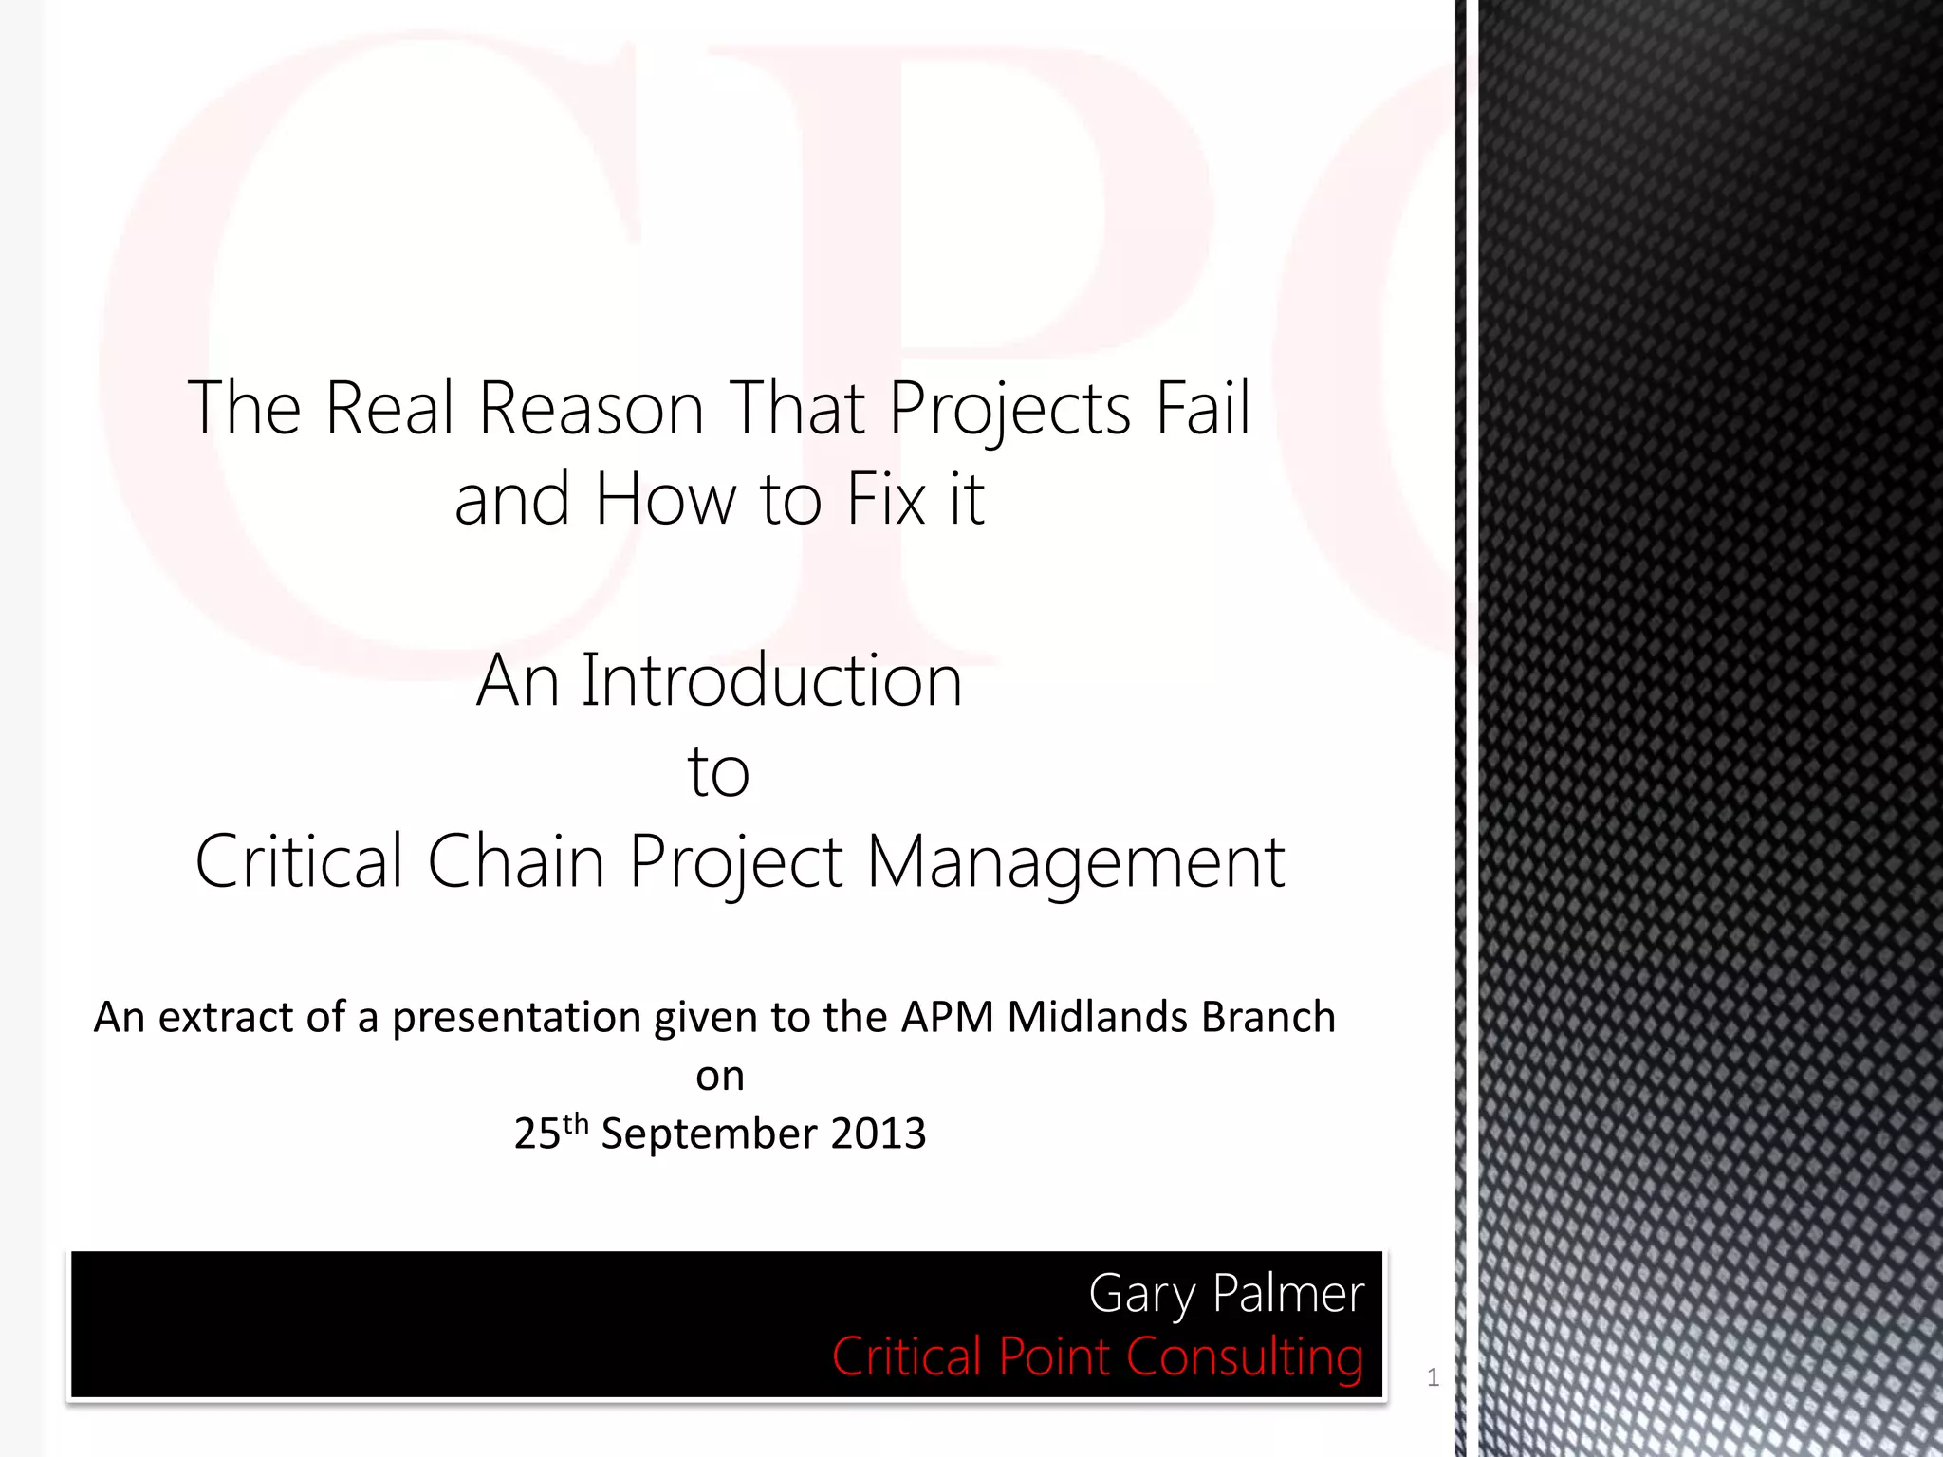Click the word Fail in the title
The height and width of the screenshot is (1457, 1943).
click(x=1202, y=408)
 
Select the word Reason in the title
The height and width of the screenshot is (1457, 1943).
click(x=590, y=408)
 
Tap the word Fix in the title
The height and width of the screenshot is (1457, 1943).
click(x=885, y=499)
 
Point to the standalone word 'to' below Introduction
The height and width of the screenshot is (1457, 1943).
click(x=718, y=772)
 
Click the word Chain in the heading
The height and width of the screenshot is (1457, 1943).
click(x=515, y=861)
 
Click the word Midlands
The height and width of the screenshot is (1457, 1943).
click(x=1097, y=1017)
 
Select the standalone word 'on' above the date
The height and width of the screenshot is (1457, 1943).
click(x=719, y=1077)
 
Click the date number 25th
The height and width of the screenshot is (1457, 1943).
click(x=550, y=1133)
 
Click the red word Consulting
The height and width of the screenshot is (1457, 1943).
click(x=1244, y=1357)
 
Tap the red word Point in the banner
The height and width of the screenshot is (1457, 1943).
click(x=1053, y=1356)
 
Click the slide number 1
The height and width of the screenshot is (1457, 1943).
click(x=1433, y=1377)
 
